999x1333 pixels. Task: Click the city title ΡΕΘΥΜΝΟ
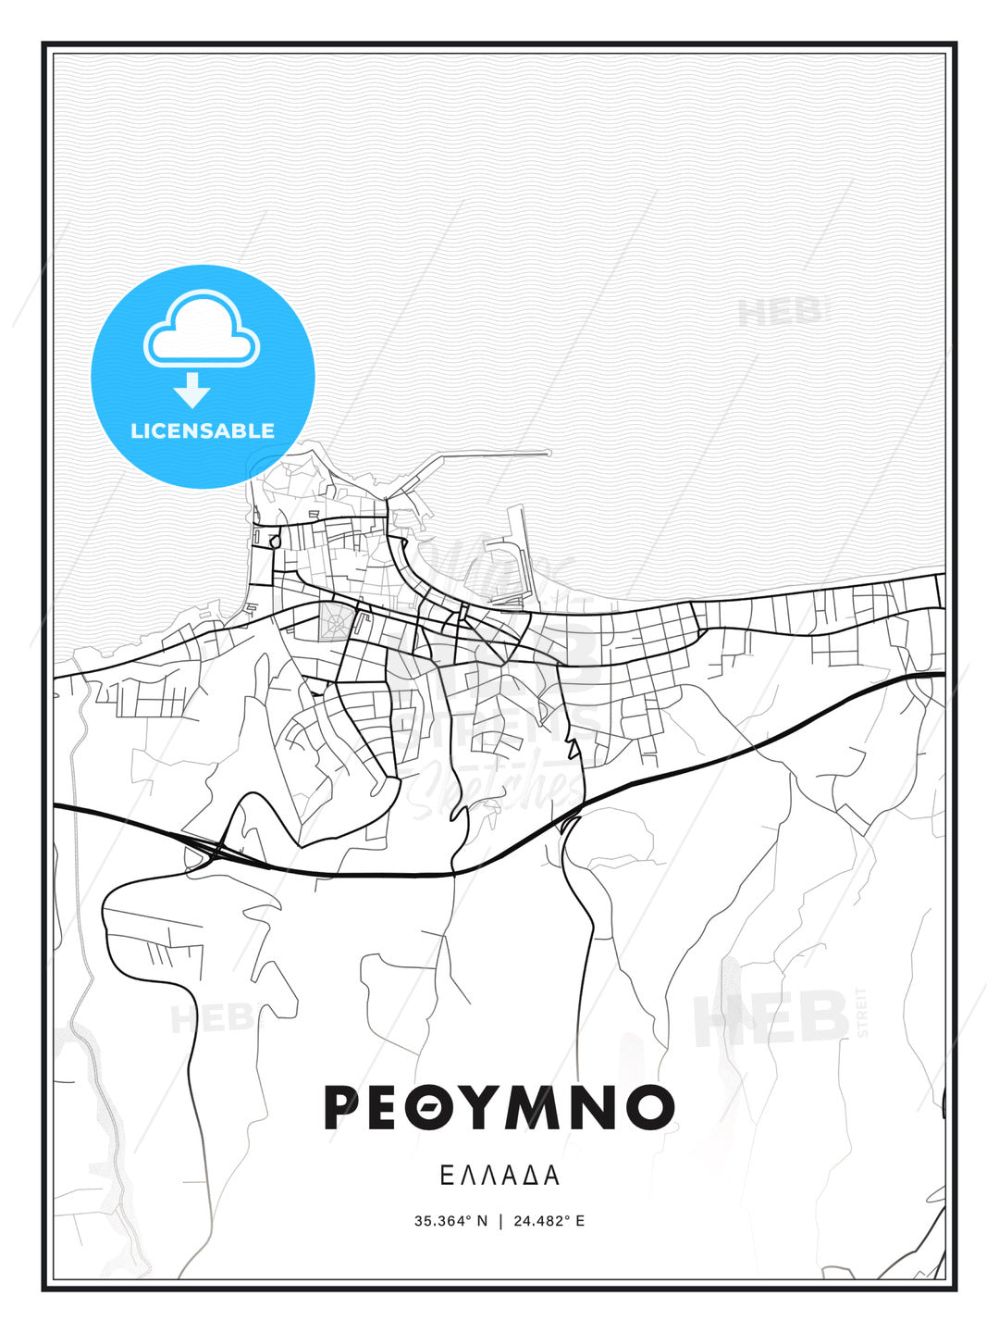(499, 1107)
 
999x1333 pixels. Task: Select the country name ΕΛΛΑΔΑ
(499, 1176)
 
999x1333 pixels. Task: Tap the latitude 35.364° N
(450, 1221)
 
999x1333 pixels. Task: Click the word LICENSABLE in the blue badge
(203, 430)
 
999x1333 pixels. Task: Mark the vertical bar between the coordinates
(500, 1221)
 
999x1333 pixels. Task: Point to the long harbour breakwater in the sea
(481, 455)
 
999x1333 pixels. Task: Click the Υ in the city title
(485, 1107)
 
